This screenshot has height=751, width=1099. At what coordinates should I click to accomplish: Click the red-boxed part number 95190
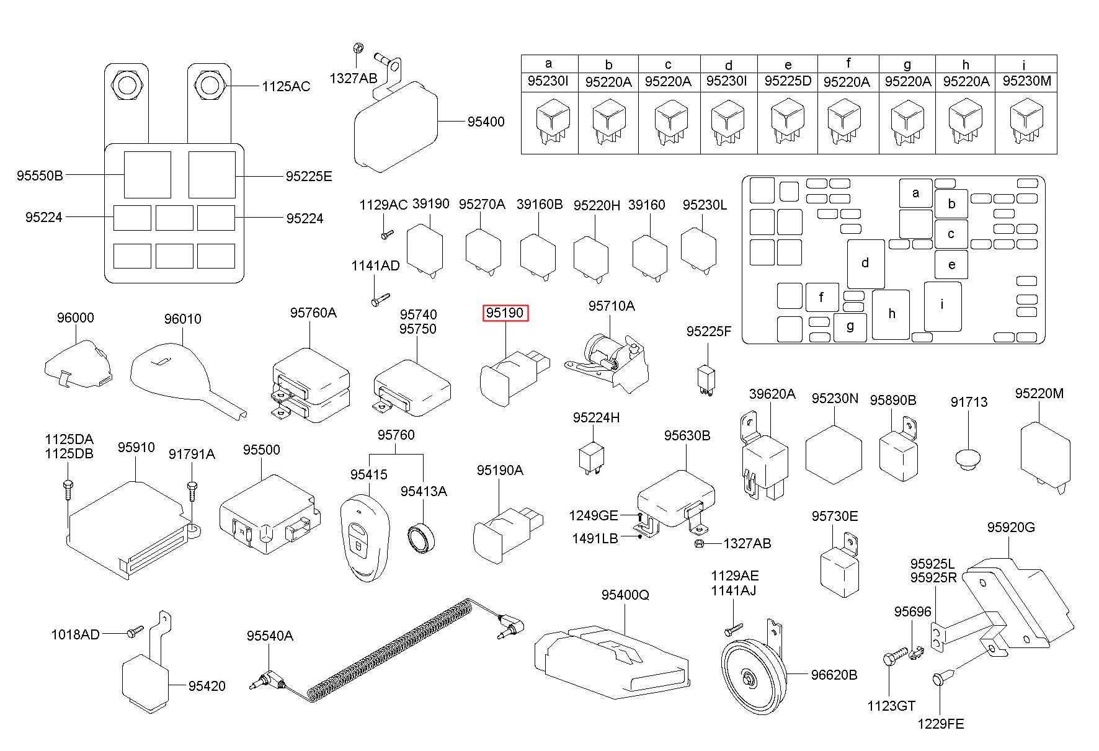(505, 313)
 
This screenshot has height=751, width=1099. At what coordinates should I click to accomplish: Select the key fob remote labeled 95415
(363, 537)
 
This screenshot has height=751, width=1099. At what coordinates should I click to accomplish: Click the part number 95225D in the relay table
(788, 81)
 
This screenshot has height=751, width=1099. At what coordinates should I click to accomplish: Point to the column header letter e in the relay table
(788, 64)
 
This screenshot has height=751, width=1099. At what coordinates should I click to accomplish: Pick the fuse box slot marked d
(866, 264)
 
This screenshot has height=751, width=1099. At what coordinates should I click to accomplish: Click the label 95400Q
(625, 595)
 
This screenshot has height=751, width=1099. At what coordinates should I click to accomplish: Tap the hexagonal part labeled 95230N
(834, 455)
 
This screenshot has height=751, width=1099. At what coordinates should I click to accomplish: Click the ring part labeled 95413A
(423, 536)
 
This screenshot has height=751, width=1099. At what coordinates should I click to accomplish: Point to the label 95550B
(40, 176)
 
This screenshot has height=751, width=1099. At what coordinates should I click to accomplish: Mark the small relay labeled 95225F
(705, 378)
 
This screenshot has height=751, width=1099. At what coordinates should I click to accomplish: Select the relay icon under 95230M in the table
(1026, 122)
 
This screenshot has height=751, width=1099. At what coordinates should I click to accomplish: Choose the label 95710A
(612, 306)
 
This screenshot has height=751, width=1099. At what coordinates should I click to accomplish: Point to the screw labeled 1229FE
(938, 681)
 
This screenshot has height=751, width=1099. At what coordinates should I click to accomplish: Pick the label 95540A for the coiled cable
(270, 636)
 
